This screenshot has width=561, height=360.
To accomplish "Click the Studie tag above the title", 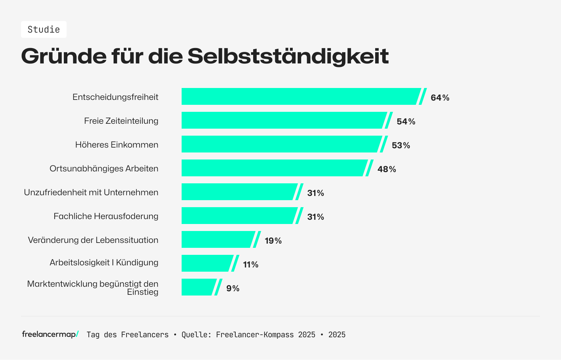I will tap(44, 29).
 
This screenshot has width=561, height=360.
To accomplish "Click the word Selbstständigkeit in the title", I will tap(288, 56).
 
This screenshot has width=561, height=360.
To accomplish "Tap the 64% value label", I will tap(440, 98).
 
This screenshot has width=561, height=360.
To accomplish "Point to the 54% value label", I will tap(406, 122).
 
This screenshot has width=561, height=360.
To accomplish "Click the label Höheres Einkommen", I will tap(117, 145).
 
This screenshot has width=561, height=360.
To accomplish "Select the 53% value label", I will tap(401, 145).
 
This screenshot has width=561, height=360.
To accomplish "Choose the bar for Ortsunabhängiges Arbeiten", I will tap(273, 168).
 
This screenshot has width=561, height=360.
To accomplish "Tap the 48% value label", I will tap(387, 169).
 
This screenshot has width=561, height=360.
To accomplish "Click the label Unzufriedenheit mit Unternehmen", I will tap(91, 192).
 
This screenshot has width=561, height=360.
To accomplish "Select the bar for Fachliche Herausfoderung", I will tap(238, 216).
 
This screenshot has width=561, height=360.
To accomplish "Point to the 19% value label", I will tap(273, 241).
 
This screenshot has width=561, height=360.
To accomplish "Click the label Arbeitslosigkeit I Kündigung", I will tap(104, 263).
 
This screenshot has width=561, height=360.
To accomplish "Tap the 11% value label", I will tap(251, 265).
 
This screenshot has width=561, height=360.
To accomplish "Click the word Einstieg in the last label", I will tap(143, 292).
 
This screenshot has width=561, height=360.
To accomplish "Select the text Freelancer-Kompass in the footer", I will tap(255, 335).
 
